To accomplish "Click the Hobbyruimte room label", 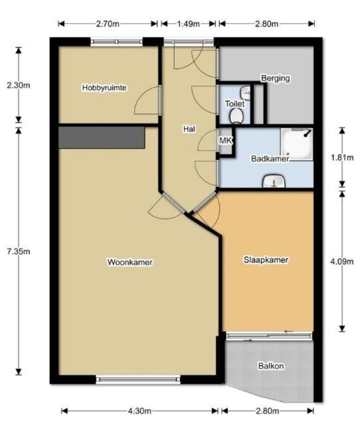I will tap(104, 88).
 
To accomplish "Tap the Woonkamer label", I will tap(130, 262).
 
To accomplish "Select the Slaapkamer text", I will tap(266, 260).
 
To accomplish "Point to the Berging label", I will tap(275, 79).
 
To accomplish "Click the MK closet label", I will tap(225, 141).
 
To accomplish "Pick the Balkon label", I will tap(271, 366).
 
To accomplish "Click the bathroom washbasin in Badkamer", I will tap(273, 181).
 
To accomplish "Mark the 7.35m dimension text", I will tap(18, 251).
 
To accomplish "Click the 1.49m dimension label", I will tap(188, 24).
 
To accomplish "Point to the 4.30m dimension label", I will tap(139, 411).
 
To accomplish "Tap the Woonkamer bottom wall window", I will tap(138, 380).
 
